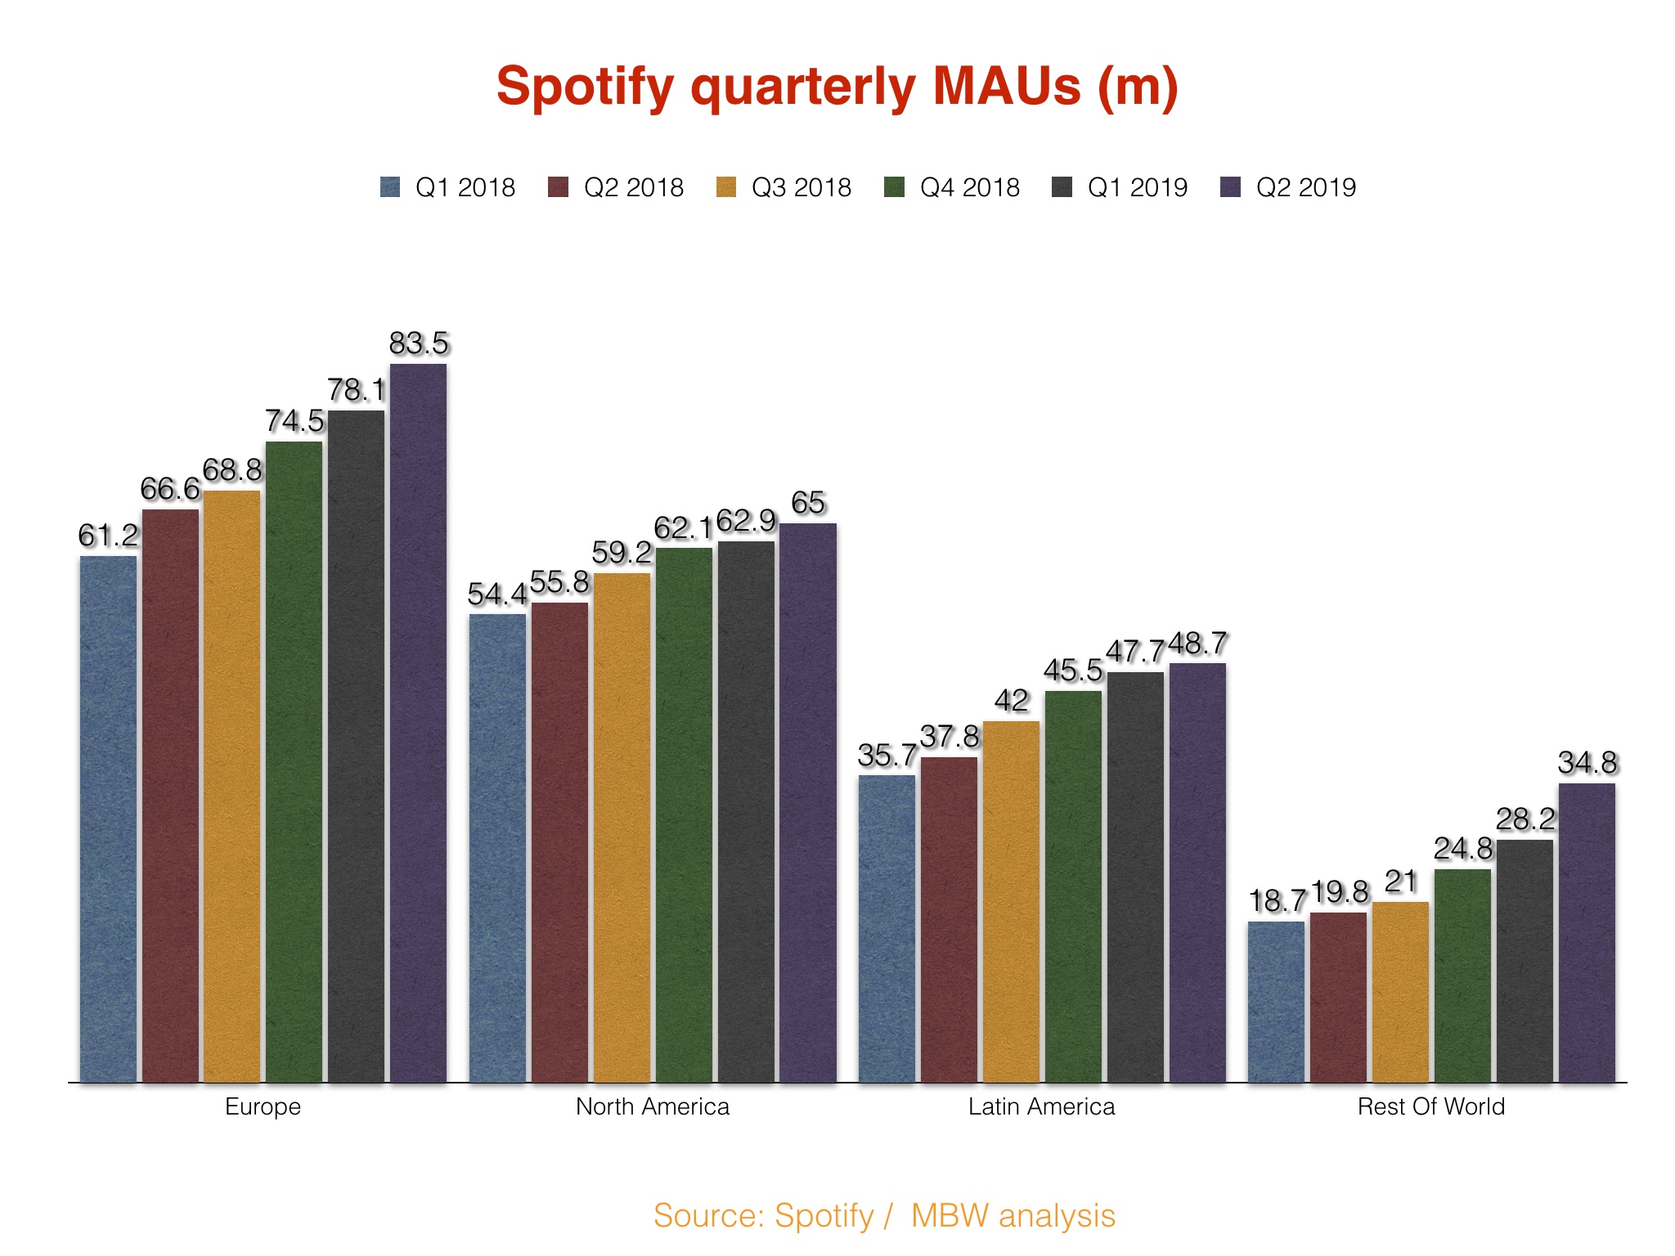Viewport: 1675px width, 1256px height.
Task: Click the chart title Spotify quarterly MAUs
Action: (837, 87)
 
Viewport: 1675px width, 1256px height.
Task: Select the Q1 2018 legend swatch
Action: (390, 187)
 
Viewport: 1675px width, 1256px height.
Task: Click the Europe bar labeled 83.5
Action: (418, 723)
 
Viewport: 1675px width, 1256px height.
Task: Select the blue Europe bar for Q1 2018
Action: (108, 819)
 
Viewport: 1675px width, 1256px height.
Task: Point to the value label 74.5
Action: (294, 421)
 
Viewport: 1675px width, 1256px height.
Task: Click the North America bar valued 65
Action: (807, 802)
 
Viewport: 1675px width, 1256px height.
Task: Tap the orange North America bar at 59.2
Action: (622, 827)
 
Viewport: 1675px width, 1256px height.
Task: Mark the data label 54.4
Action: (497, 594)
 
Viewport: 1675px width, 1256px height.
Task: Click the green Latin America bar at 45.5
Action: (1073, 886)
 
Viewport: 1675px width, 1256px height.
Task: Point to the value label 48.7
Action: (1197, 644)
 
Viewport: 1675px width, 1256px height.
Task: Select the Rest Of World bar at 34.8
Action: (1587, 932)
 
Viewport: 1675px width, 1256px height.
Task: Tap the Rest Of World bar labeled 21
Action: (1400, 992)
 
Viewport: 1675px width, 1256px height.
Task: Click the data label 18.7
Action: (1278, 901)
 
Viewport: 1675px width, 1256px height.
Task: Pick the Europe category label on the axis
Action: (263, 1106)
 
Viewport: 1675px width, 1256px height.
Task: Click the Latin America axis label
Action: (1041, 1106)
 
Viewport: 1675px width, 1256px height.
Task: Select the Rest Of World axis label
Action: (1430, 1106)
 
